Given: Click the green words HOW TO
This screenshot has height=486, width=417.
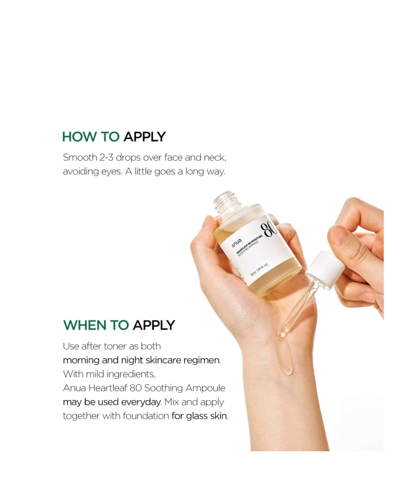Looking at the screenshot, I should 91,137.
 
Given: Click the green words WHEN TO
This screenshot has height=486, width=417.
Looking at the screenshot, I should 96,325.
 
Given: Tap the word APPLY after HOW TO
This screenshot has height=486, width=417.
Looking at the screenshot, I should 144,137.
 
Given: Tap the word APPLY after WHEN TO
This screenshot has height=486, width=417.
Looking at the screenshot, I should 154,325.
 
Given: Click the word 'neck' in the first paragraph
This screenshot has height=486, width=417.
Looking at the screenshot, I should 214,158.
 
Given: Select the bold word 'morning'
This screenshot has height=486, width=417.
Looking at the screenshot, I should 81,360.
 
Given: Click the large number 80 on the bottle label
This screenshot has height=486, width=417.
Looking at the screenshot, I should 270,228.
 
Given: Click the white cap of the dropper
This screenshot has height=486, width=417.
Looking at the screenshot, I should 325,269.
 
